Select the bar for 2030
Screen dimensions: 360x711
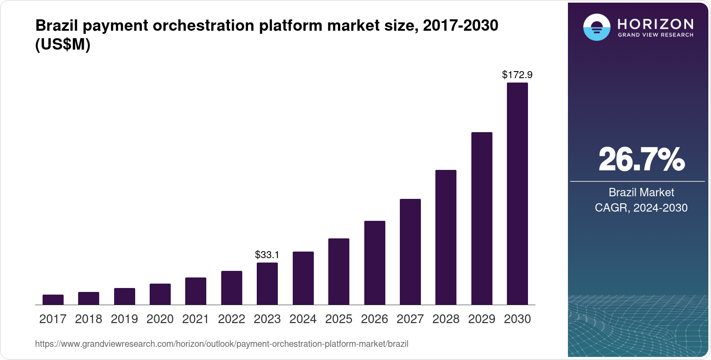[517, 193]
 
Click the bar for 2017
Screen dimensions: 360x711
[53, 299]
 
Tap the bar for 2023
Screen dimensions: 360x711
[267, 284]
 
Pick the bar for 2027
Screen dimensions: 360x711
[410, 252]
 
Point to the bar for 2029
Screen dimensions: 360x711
[481, 218]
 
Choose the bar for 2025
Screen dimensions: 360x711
[339, 271]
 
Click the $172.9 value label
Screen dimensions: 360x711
[517, 75]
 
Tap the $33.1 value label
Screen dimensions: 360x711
[267, 255]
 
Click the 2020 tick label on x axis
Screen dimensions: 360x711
[160, 319]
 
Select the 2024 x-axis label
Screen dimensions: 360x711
[303, 319]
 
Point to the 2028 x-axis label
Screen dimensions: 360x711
[446, 319]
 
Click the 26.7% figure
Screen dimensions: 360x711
[641, 159]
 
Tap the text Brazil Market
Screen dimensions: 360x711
[641, 192]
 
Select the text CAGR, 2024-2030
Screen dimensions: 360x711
[641, 208]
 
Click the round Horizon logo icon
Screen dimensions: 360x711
[596, 28]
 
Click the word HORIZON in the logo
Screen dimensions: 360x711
[656, 24]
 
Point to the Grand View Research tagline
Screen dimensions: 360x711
[656, 35]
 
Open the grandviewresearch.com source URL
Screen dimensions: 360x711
[222, 344]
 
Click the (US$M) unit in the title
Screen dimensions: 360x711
[63, 44]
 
